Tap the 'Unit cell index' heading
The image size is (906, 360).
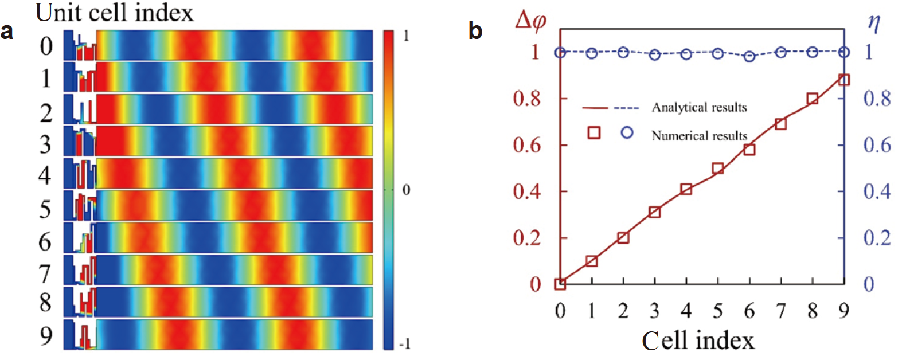coord(115,13)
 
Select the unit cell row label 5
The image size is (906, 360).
coord(45,209)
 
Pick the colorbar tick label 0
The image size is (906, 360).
coord(406,190)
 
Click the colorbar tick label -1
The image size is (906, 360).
coord(404,344)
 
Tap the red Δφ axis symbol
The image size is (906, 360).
coord(530,21)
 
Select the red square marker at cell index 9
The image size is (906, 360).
coord(843,80)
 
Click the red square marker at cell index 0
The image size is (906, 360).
coord(560,284)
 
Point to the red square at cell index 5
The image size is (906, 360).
coord(717,169)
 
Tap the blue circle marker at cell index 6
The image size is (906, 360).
coord(749,56)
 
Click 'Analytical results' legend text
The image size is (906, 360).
coord(699,107)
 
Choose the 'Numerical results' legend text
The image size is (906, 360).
coord(699,136)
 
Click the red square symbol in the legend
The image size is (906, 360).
coord(594,133)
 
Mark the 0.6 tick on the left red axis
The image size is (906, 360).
coord(526,145)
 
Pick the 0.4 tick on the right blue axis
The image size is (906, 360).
coord(877,191)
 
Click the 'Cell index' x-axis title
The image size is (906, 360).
coord(698,341)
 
